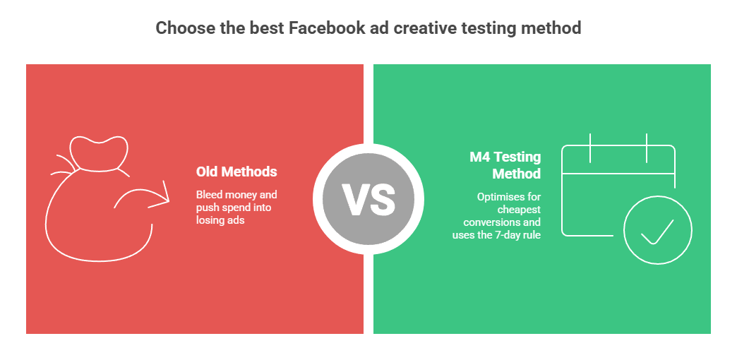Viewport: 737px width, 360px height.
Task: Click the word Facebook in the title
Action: pyautogui.click(x=325, y=28)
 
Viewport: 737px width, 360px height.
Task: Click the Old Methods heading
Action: pyautogui.click(x=236, y=172)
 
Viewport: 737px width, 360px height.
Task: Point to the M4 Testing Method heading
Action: pyautogui.click(x=505, y=165)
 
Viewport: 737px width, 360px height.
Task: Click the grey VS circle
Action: pyautogui.click(x=368, y=199)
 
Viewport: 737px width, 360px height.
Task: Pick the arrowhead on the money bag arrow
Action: pyautogui.click(x=162, y=195)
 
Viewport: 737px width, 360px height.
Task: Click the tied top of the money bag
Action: pyautogui.click(x=99, y=153)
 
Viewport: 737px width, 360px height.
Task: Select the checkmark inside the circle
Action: pyautogui.click(x=657, y=232)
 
